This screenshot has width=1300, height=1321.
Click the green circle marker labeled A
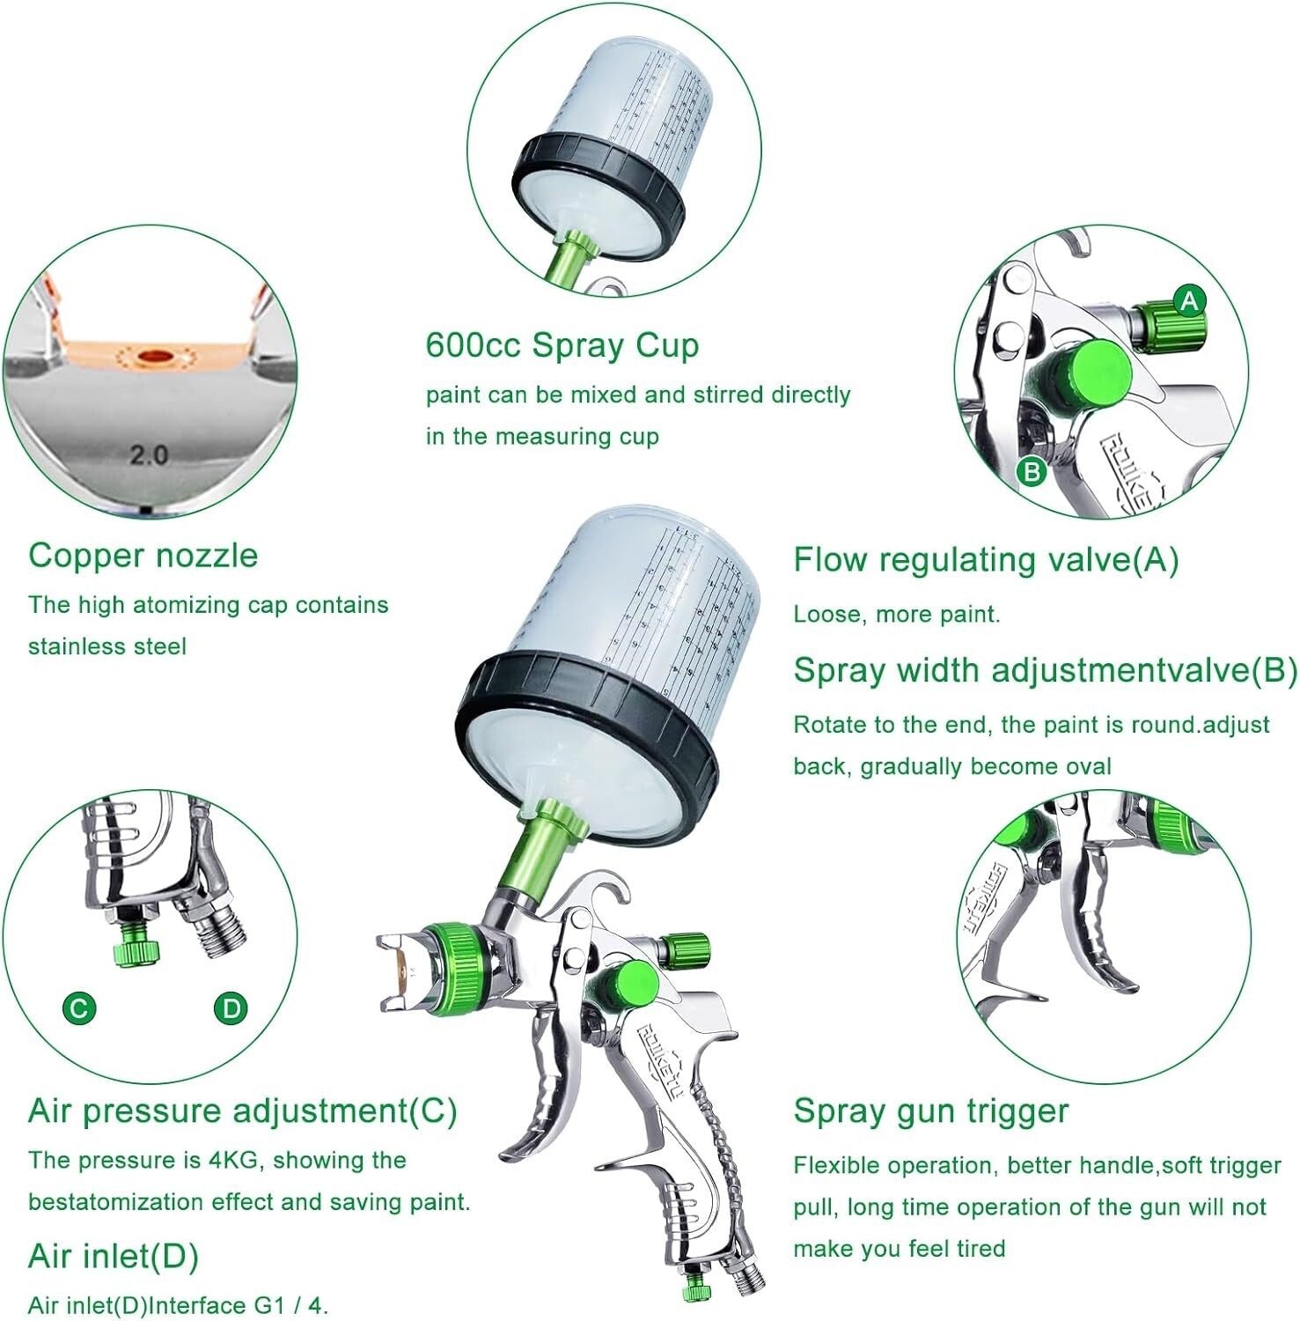click(1190, 301)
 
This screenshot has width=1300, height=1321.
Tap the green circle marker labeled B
click(1032, 472)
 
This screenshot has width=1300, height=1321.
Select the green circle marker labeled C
click(79, 1007)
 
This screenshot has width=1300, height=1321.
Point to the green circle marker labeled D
click(231, 1007)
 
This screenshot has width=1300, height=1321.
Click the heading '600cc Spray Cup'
click(562, 345)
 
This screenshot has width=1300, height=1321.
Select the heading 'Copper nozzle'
click(143, 556)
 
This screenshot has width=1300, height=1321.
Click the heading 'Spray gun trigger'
click(930, 1111)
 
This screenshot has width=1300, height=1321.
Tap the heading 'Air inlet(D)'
click(114, 1256)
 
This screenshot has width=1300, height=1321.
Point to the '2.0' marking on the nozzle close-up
click(149, 454)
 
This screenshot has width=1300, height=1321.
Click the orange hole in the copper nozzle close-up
click(157, 356)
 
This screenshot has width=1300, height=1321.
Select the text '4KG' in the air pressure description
click(233, 1160)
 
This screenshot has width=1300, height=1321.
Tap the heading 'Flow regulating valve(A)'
click(986, 560)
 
